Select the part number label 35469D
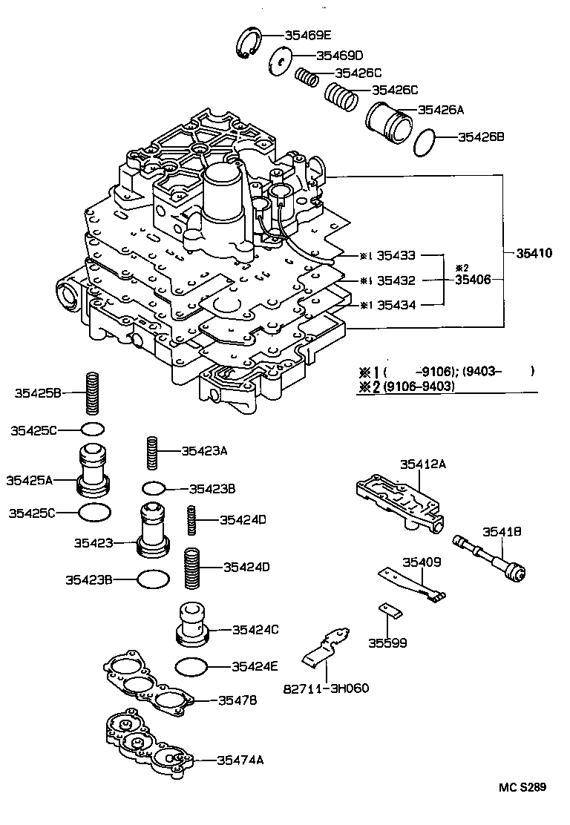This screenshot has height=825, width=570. pos(339,56)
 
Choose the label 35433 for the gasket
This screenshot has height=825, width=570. pos(396,256)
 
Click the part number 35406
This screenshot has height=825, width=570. pos(474,280)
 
